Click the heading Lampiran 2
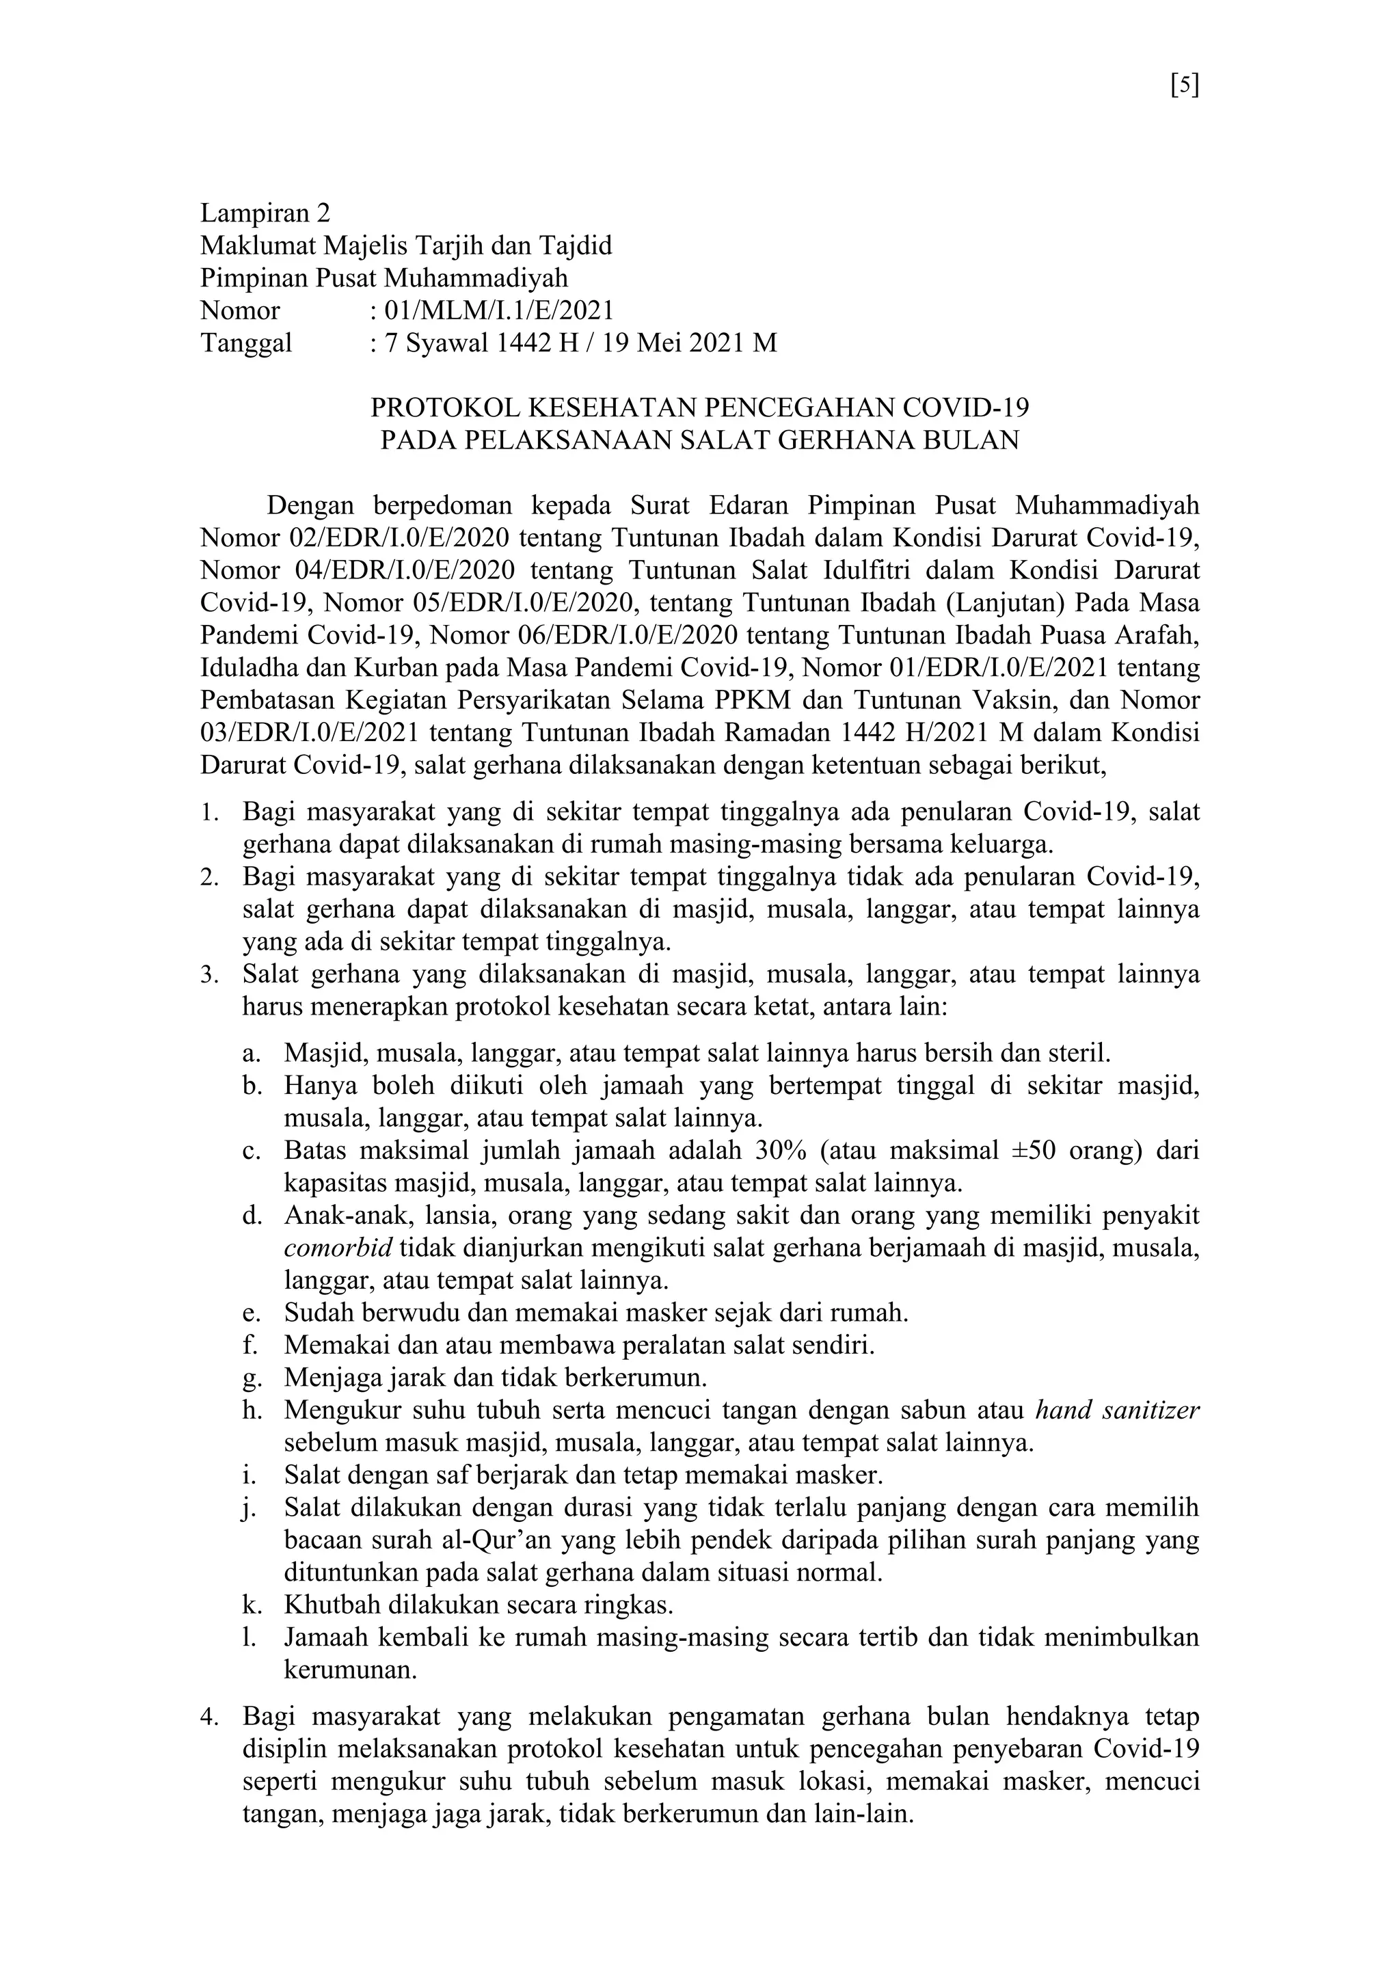point(265,212)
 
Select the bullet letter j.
point(249,1508)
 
